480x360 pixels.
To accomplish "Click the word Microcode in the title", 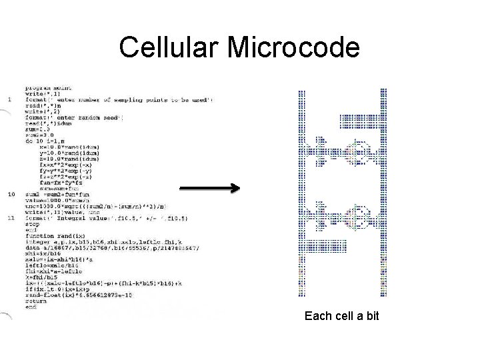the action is [x=293, y=48].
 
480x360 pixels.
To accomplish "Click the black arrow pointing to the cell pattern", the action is [x=209, y=189].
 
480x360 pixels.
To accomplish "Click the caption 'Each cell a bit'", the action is [x=341, y=315].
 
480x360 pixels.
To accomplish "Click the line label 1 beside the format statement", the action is [x=9, y=100].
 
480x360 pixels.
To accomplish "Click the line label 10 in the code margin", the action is [x=11, y=194].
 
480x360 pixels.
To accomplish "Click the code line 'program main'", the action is [x=48, y=88].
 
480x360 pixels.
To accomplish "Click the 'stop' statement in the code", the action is [x=33, y=225].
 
